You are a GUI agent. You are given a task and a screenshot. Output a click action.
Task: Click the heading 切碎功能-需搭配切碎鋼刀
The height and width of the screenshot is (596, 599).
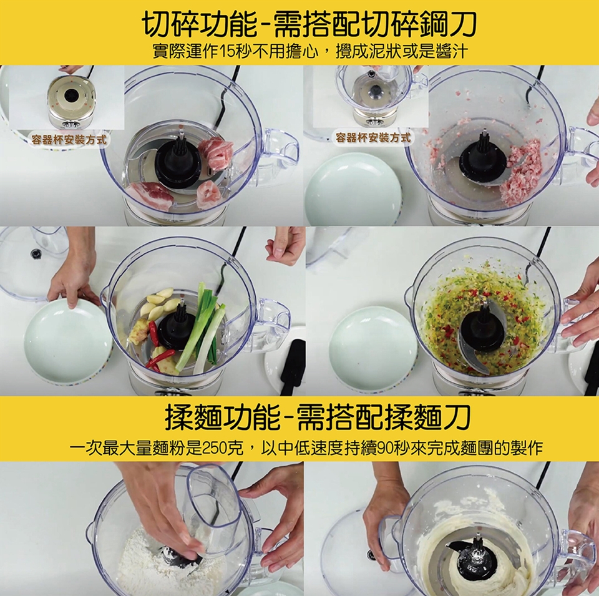tap(310, 25)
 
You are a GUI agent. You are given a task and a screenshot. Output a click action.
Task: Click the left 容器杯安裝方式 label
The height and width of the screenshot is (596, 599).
tap(69, 139)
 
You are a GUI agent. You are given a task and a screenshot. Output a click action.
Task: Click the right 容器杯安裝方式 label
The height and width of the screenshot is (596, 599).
tap(373, 137)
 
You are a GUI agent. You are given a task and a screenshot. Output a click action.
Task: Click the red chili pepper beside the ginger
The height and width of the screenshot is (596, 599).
tap(153, 333)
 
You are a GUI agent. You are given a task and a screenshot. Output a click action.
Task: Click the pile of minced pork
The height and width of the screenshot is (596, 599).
tap(522, 171)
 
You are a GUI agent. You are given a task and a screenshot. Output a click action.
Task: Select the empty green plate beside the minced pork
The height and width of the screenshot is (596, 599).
tap(353, 188)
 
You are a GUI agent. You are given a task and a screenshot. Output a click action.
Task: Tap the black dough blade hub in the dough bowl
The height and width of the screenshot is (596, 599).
tap(475, 558)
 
